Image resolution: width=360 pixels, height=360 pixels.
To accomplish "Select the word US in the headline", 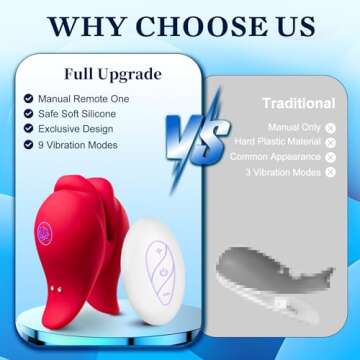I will (283, 25).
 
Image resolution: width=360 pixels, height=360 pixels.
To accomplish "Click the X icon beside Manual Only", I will (330, 127).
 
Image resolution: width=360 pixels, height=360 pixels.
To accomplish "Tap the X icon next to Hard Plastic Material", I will (330, 142).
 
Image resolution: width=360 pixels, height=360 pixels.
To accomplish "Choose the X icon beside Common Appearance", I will (330, 157).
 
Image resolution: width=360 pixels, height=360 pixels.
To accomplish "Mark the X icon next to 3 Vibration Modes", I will (330, 172).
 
